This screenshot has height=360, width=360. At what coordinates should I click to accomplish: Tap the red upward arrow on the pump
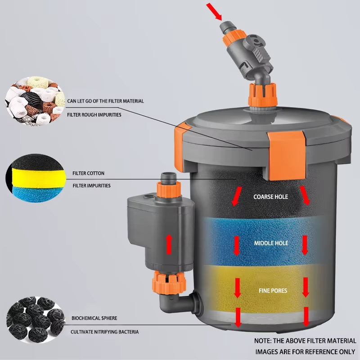tap(169, 243)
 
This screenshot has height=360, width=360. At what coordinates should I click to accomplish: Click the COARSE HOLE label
tap(270, 197)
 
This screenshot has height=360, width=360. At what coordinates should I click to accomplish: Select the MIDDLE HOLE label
tap(270, 243)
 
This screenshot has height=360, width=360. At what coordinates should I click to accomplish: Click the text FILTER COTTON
tap(88, 173)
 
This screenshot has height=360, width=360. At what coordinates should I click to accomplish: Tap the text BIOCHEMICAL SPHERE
tap(94, 318)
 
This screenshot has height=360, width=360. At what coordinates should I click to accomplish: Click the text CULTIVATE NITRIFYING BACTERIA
tap(104, 332)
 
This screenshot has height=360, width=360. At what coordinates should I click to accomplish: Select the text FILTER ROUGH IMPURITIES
tap(94, 115)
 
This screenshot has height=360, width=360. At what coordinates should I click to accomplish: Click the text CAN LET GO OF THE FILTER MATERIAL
tap(105, 101)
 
